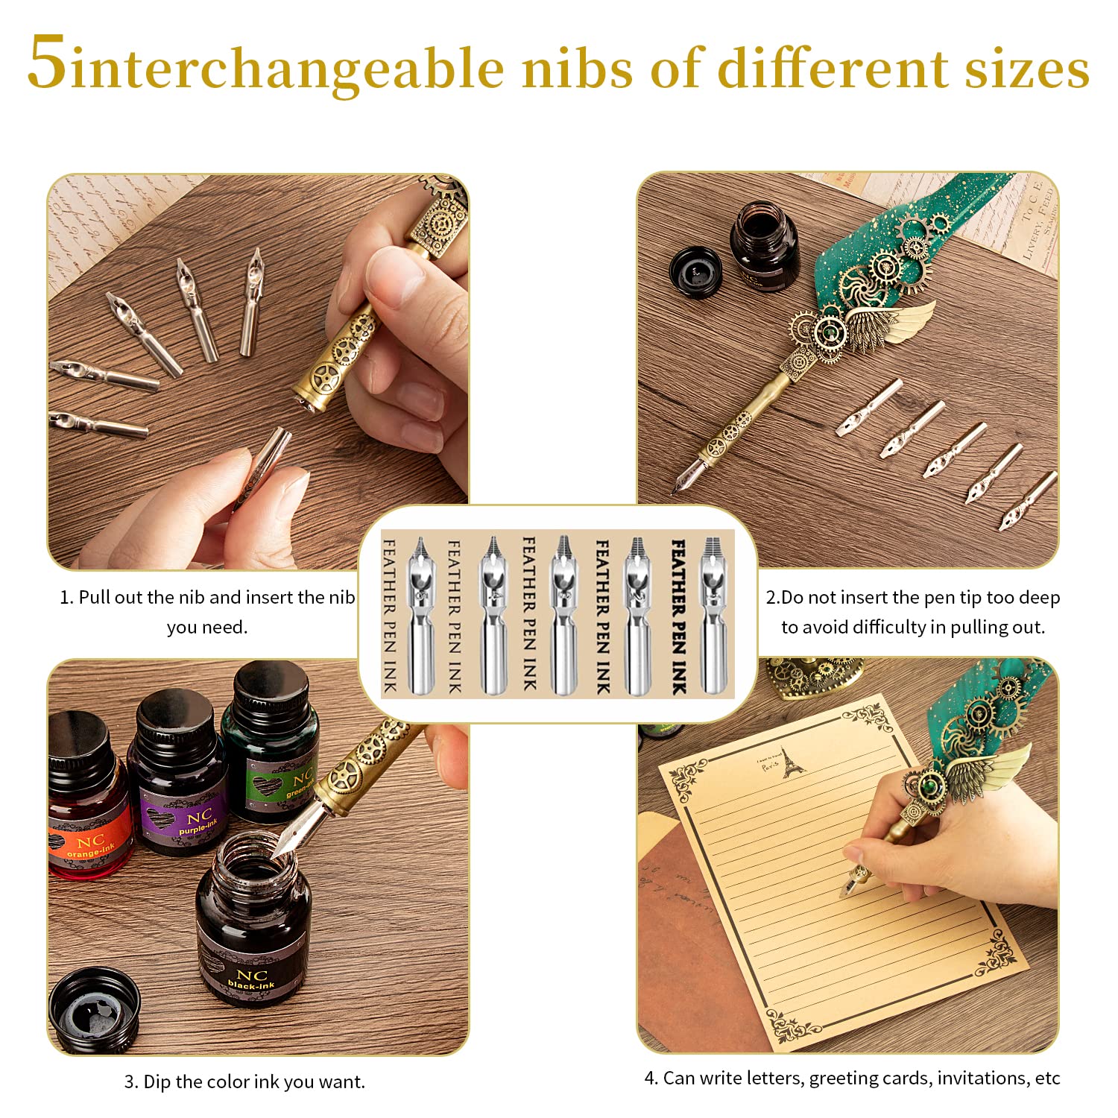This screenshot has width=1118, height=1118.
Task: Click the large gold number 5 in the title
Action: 46,63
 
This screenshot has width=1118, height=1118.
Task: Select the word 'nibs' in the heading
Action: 578,69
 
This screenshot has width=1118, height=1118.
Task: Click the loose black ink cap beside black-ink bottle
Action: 94,1009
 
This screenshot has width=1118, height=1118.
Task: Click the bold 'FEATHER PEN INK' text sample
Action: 678,617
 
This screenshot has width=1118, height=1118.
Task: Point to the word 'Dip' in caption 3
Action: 157,1081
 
